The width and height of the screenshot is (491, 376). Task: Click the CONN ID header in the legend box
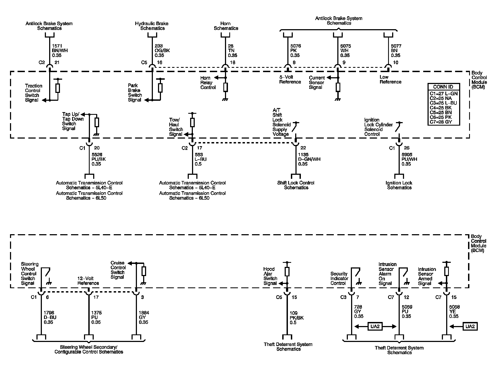443,87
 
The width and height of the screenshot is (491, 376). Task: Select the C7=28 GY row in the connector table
441,122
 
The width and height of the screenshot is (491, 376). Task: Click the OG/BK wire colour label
162,51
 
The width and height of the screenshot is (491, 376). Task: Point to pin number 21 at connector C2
57,63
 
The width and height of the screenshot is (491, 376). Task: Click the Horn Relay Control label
208,83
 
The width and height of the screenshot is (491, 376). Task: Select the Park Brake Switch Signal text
135,93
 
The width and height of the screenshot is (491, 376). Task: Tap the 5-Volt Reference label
290,79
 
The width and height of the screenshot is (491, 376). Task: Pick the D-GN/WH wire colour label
309,159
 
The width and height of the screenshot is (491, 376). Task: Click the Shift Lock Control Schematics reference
296,185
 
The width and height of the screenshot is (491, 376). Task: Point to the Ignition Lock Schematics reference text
399,185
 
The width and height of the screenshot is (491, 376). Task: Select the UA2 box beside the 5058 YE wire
470,326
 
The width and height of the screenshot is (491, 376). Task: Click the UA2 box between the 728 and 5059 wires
375,326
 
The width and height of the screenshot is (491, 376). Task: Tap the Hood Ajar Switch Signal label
270,276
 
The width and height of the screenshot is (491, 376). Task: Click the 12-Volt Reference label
88,281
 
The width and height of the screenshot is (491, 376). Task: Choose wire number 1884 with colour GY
144,313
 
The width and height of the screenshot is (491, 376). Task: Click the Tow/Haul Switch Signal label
176,127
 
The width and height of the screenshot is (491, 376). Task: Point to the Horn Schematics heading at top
226,26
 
